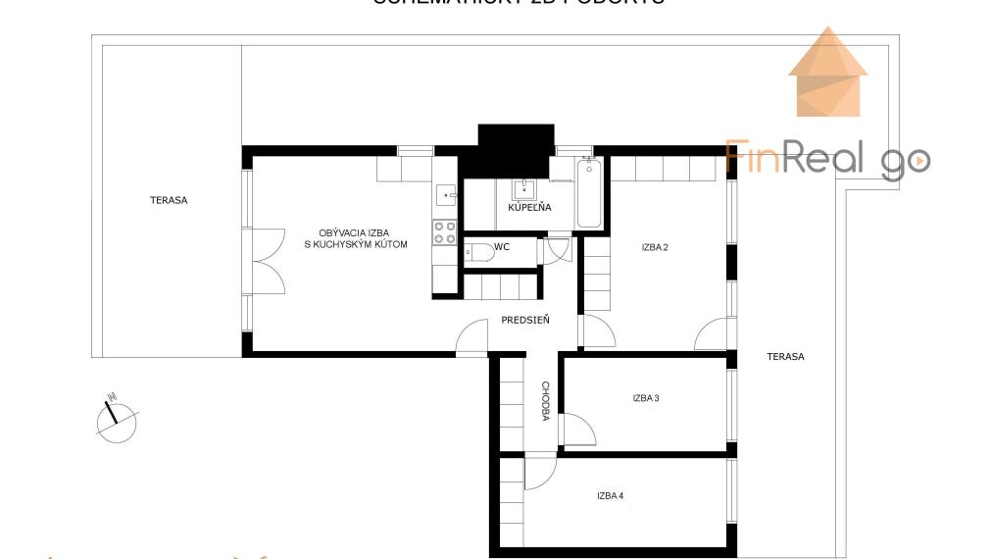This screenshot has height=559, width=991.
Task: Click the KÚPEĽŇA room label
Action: pos(529,208)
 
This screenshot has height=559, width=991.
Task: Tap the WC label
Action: pos(502,247)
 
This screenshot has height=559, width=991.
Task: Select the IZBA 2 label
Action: pos(655,247)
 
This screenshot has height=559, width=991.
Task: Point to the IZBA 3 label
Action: pos(645,398)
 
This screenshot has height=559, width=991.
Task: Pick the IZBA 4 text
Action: pos(610,496)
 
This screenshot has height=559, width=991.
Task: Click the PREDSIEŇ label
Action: pos(525,320)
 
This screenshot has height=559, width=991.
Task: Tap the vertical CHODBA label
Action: pos(545,402)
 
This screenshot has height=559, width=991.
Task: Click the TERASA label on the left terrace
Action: pos(169,200)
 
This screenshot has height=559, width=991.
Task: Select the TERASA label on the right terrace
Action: pos(785,357)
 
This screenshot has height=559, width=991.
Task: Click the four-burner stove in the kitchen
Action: pos(445,232)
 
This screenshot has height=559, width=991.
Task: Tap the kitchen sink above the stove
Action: pos(446,194)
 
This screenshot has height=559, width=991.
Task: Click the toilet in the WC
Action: pos(478,254)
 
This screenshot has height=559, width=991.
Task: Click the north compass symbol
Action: pos(117,419)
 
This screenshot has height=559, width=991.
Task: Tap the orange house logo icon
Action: pos(828,73)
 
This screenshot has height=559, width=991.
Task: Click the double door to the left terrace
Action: pos(266,262)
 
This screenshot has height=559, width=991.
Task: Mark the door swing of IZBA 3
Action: pos(578,430)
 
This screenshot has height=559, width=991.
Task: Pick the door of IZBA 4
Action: pos(538,474)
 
